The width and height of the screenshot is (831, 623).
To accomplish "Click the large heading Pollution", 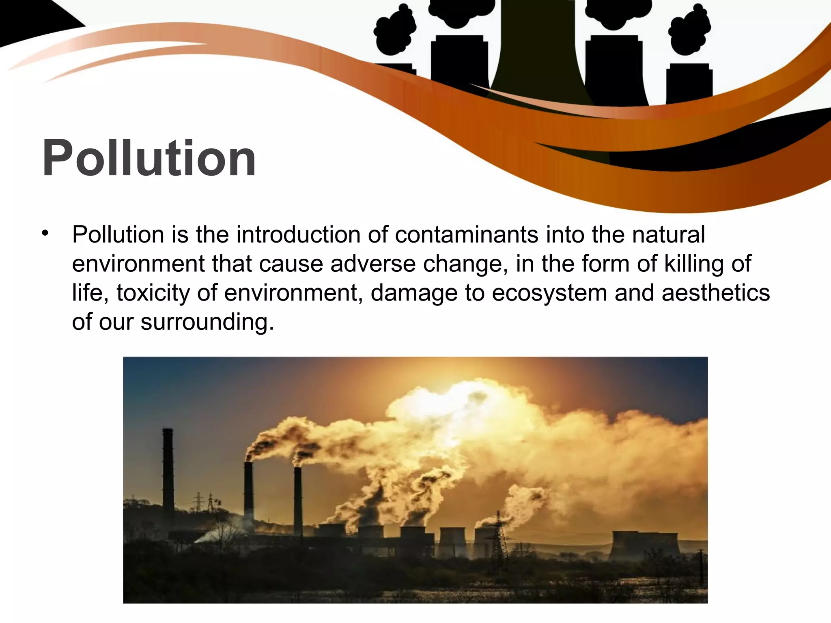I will pyautogui.click(x=149, y=158).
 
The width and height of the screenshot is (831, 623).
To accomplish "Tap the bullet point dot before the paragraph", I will pyautogui.click(x=45, y=233).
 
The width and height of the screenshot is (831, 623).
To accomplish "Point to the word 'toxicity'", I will pyautogui.click(x=153, y=293).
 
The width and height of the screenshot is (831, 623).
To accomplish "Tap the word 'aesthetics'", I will pyautogui.click(x=715, y=293).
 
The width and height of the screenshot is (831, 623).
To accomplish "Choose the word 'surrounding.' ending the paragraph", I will pyautogui.click(x=207, y=322).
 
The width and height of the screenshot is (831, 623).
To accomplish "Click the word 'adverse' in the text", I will pyautogui.click(x=373, y=264).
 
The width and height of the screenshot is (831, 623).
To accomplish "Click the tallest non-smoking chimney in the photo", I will pyautogui.click(x=168, y=470).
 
